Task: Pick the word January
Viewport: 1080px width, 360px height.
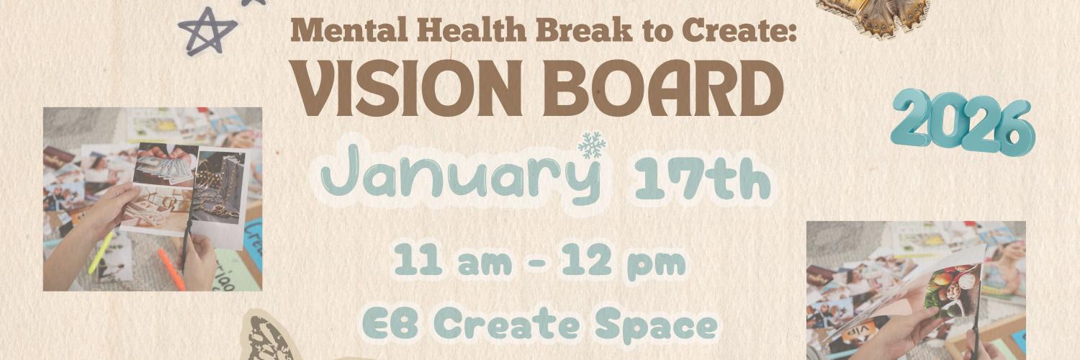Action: pos(461,176)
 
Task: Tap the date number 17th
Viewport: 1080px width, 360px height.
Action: pos(702,180)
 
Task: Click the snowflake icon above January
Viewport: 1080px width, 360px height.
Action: pos(592,144)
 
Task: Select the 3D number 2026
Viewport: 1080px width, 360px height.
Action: pos(962,123)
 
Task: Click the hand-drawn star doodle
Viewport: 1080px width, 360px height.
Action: pos(207,30)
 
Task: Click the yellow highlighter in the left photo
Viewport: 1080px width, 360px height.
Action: pos(101,253)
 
